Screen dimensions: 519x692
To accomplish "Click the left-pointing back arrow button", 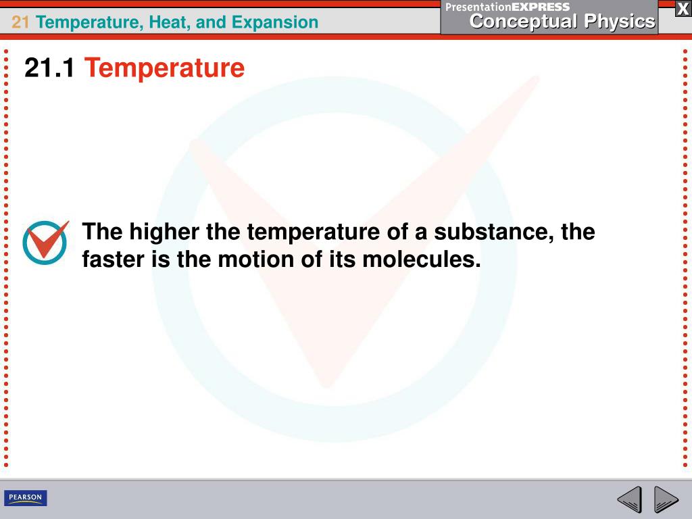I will (629, 500).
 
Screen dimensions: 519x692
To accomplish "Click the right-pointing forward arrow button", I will (666, 500).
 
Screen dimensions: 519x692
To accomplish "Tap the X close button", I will (683, 9).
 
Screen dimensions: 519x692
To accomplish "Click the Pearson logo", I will (26, 498).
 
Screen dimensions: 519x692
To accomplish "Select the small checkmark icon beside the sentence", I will (45, 242).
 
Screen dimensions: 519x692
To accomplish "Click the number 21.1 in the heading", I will (49, 68).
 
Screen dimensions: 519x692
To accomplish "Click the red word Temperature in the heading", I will (164, 68).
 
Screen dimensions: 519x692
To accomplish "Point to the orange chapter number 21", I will (20, 22).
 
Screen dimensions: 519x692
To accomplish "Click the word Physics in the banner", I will (620, 22).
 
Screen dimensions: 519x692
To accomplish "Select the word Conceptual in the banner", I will (524, 22).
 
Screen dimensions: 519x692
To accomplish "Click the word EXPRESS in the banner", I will (541, 7).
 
